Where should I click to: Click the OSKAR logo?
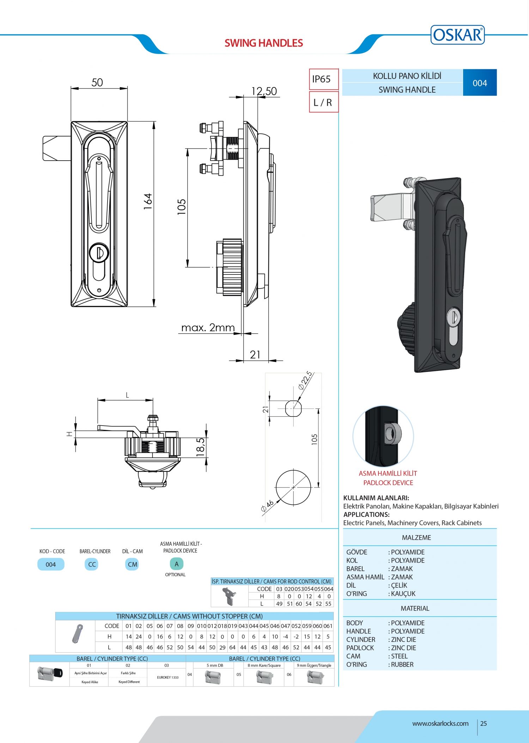(457, 35)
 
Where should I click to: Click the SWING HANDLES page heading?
(263, 43)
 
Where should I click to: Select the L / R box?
(323, 102)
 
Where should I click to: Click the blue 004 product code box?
(480, 83)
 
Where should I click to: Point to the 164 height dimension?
(148, 201)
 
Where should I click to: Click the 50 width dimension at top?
(97, 82)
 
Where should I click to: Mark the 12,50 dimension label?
(264, 91)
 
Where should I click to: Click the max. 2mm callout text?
(208, 328)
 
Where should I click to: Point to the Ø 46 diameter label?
(267, 506)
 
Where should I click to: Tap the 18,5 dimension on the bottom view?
(200, 447)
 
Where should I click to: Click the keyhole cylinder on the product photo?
(453, 317)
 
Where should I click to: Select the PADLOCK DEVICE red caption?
(388, 483)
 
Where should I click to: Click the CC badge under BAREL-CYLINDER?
(92, 564)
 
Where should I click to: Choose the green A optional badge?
(176, 564)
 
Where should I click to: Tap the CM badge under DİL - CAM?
(132, 564)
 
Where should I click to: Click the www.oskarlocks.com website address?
(440, 723)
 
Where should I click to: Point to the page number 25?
(484, 723)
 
